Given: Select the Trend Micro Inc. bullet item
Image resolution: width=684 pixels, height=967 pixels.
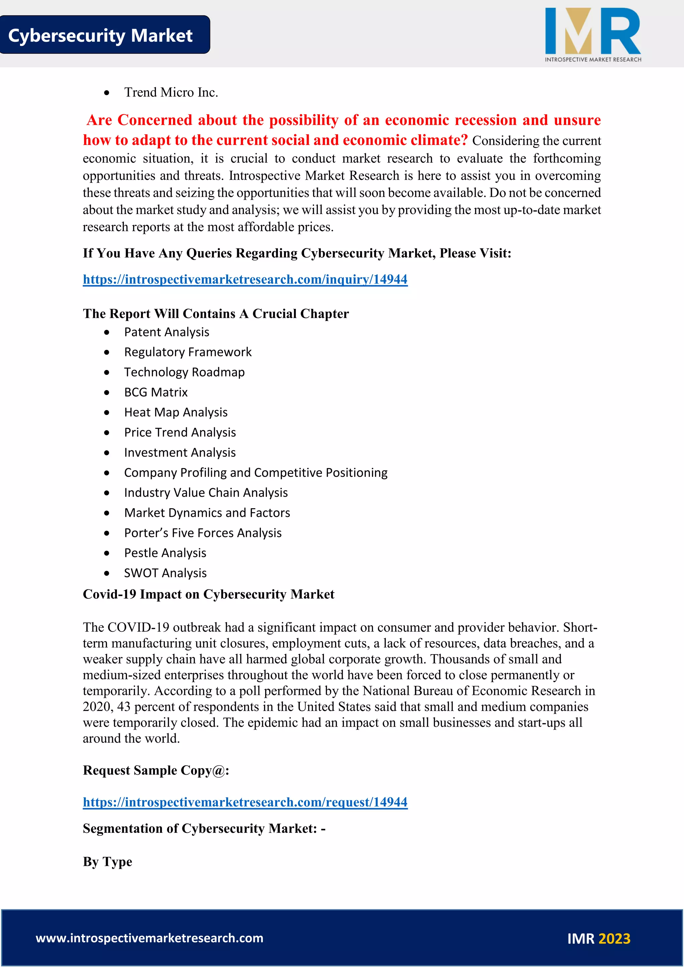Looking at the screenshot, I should tap(171, 92).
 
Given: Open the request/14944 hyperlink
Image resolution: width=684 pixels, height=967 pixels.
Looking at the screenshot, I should tap(245, 802).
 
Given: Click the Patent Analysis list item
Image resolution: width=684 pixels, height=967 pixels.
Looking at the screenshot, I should tap(166, 332).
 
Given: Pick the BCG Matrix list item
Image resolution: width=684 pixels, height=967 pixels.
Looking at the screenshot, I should tap(156, 393).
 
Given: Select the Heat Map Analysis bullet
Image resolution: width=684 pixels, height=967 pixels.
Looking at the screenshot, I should tap(176, 412).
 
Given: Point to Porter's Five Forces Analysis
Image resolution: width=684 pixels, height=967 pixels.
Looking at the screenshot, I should tap(203, 533).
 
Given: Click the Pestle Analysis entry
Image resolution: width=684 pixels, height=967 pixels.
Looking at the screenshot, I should tap(165, 553).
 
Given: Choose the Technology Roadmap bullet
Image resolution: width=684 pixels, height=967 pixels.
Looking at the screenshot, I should tap(184, 372).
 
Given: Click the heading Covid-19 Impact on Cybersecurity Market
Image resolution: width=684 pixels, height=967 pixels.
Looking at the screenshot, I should tap(208, 594).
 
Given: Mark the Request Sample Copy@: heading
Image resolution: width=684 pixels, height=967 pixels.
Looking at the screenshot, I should tap(156, 770).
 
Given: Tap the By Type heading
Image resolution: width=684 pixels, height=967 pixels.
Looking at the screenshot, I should tap(108, 862).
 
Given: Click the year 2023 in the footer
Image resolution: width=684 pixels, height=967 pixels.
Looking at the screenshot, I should tap(614, 939).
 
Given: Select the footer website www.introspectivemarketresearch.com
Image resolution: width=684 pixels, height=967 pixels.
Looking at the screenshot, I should tap(150, 938).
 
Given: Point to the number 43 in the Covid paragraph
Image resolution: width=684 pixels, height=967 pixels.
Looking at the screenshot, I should tap(124, 707).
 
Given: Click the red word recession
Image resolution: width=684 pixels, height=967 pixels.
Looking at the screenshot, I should tap(485, 121).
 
